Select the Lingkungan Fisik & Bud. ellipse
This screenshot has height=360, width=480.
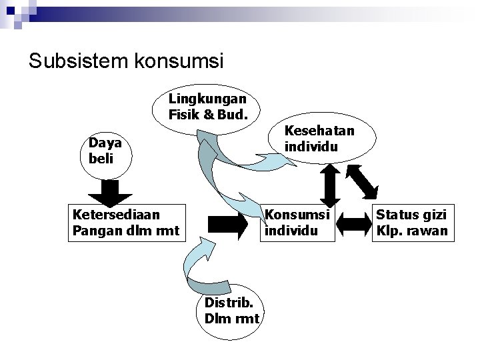tap(207, 107)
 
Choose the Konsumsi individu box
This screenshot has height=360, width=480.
tap(297, 223)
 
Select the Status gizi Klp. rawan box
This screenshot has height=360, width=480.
tap(411, 223)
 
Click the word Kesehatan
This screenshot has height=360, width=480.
tap(319, 131)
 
